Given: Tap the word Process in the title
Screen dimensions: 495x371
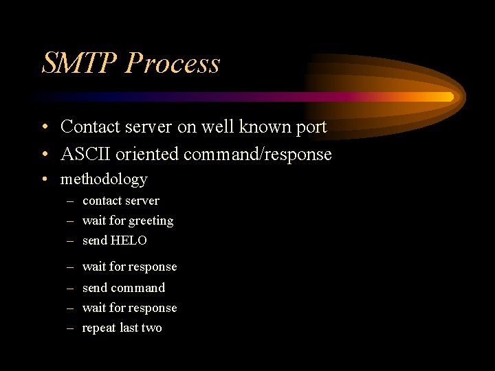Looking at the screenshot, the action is coord(173,63).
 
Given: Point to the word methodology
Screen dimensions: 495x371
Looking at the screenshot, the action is coord(104,179).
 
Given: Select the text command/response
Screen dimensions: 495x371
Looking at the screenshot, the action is coord(258,154).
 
